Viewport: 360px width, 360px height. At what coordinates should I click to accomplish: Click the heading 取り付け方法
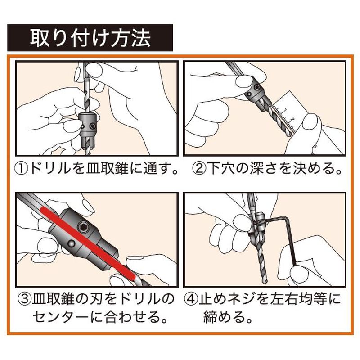click(90, 38)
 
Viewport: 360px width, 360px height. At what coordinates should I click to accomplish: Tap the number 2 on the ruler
click(292, 119)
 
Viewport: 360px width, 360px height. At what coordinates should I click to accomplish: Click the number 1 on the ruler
click(285, 110)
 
